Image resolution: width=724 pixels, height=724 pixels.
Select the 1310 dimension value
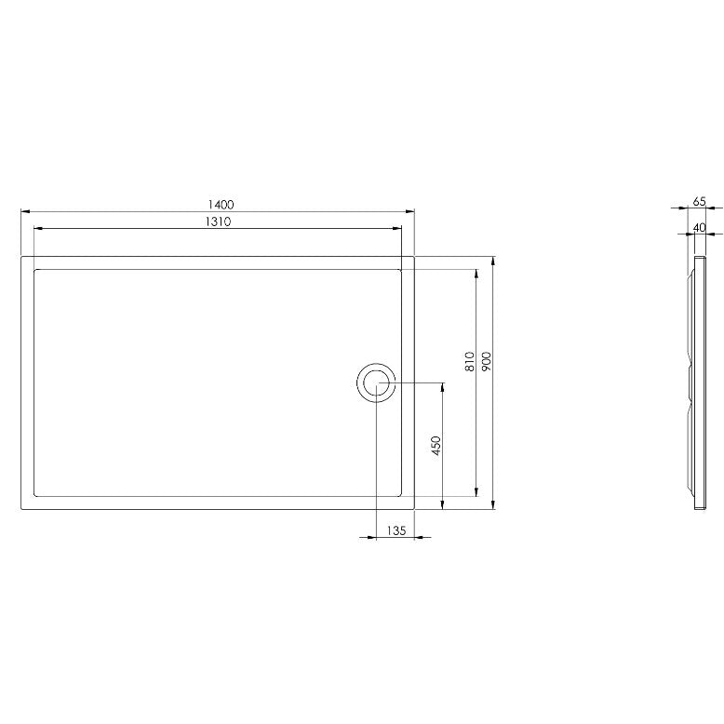click(218, 221)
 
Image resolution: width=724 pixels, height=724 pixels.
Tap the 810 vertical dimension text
click(470, 362)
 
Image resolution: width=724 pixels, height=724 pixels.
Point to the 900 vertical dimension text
click(486, 362)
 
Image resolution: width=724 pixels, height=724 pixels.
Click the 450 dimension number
click(436, 446)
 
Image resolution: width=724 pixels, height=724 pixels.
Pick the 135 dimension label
click(396, 530)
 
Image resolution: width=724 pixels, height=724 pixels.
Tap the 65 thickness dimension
click(700, 201)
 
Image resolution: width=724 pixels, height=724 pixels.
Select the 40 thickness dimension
click(700, 228)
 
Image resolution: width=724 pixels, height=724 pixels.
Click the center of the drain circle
click(376, 382)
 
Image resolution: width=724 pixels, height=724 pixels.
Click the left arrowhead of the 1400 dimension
click(26, 211)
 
